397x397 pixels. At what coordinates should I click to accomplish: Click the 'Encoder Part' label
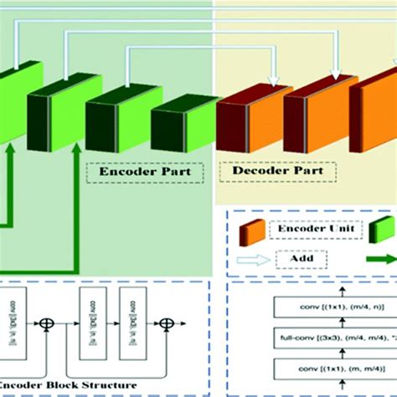(144, 173)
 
